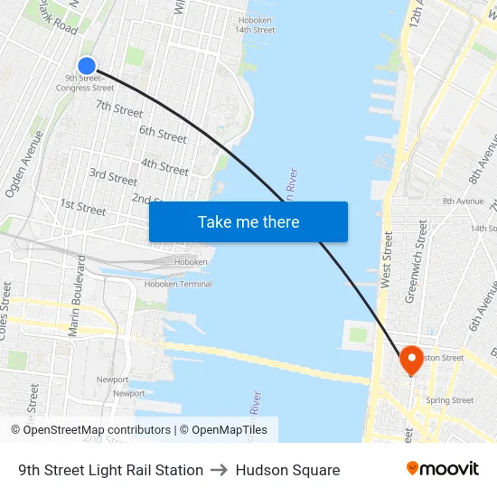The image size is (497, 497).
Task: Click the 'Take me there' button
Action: (x=248, y=221)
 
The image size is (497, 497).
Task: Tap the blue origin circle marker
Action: (x=87, y=65)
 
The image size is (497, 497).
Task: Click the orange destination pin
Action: (x=411, y=361)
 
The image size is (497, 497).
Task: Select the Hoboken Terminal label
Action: (x=178, y=284)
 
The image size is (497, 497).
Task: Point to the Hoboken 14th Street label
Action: (x=255, y=24)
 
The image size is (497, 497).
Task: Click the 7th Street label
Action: (x=119, y=108)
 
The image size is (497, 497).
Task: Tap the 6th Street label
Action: (x=163, y=134)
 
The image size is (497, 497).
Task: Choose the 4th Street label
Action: (x=165, y=166)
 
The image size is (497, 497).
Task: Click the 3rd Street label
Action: (x=113, y=176)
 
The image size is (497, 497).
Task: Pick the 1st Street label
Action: (x=82, y=207)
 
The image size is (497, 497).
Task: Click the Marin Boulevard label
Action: (x=76, y=296)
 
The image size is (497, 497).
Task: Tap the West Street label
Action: (x=388, y=260)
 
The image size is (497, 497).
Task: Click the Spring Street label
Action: (x=449, y=400)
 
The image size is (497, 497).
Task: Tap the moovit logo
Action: (x=442, y=469)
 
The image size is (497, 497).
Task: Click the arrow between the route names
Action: (x=220, y=470)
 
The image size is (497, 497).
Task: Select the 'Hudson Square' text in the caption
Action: (x=287, y=470)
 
